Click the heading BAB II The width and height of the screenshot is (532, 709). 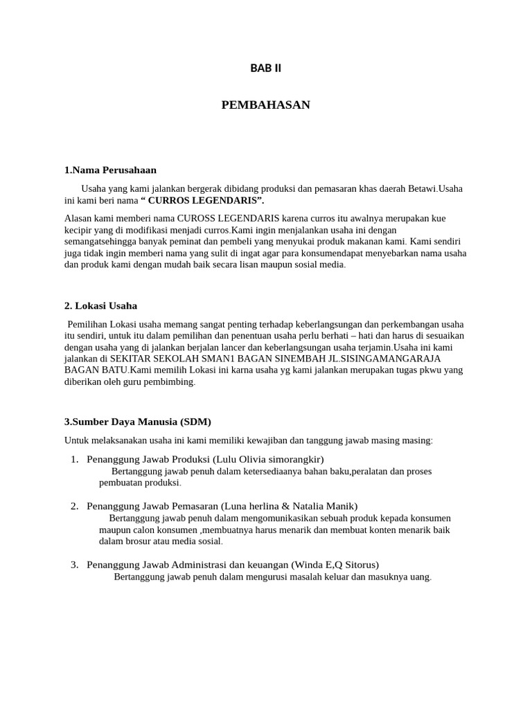pos(265,68)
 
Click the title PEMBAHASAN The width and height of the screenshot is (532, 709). pos(265,105)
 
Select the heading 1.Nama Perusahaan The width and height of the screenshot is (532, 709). pos(110,170)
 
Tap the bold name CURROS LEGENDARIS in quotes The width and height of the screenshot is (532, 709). pos(202,200)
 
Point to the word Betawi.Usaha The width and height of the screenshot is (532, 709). pos(435,188)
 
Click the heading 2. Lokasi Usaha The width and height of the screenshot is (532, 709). pos(100,305)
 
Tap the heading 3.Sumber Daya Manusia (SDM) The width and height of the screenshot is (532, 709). pos(138,421)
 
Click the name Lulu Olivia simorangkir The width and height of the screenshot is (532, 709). pos(268,459)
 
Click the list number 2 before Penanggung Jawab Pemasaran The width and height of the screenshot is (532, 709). pos(74,506)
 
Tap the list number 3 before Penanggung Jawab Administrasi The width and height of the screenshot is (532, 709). pos(74,564)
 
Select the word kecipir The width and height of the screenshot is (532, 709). pos(80,230)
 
